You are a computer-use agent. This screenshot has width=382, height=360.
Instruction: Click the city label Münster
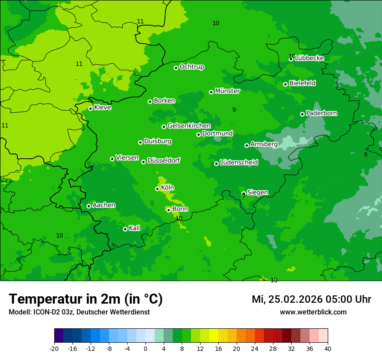pos(227,91)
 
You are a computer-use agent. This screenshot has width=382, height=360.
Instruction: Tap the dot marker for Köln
pos(157,189)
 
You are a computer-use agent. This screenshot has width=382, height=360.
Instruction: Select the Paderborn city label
pos(321,113)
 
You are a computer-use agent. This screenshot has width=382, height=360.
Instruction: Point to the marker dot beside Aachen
pos(89,206)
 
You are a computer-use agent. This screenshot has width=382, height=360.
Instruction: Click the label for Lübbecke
pos(309,58)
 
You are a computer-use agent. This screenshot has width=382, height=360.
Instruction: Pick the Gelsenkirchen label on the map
pos(189,126)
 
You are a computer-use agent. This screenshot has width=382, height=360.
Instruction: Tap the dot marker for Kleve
pos(90,108)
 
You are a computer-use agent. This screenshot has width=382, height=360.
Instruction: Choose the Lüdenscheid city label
pos(239,163)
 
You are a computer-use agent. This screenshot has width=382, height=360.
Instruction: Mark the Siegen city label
pos(257,193)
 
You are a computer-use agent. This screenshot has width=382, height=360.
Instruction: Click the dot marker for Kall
pos(125,229)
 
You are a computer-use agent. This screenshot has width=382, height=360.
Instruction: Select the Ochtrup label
pos(191,67)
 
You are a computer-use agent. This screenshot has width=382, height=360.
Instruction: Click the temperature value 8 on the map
pos(366,154)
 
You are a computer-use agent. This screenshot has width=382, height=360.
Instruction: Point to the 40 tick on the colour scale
pos(328,348)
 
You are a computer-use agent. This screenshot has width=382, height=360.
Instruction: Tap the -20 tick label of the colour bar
pos(54,348)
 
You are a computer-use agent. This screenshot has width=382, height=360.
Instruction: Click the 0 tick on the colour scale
pos(145,348)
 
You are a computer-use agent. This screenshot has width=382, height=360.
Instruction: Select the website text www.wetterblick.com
pos(313,312)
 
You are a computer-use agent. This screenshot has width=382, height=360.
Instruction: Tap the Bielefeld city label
pos(302,83)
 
